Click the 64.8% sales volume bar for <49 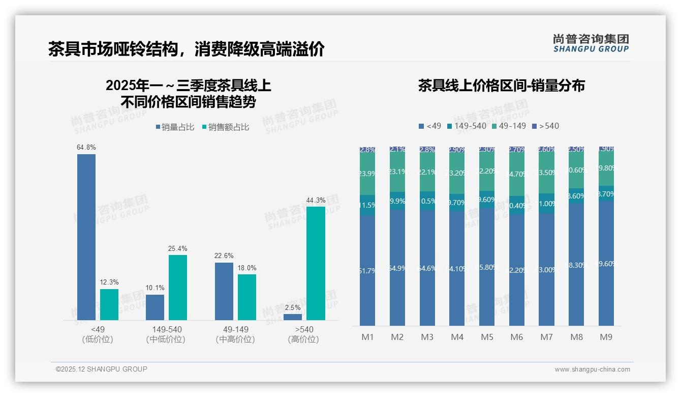click(86, 237)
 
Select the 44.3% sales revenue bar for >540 click(316, 263)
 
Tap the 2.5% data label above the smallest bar click(293, 308)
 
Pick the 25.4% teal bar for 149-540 click(178, 287)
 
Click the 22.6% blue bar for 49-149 click(224, 291)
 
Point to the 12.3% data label click(109, 282)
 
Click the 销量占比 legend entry click(175, 127)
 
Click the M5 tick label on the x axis click(487, 337)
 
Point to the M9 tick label click(606, 337)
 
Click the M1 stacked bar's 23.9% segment click(367, 174)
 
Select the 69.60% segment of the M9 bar click(606, 263)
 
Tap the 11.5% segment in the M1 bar click(367, 205)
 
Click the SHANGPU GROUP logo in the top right click(591, 43)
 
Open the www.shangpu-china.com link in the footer click(592, 370)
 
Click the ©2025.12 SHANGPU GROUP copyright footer click(102, 369)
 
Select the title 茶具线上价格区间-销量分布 click(501, 86)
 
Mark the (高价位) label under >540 click(303, 339)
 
